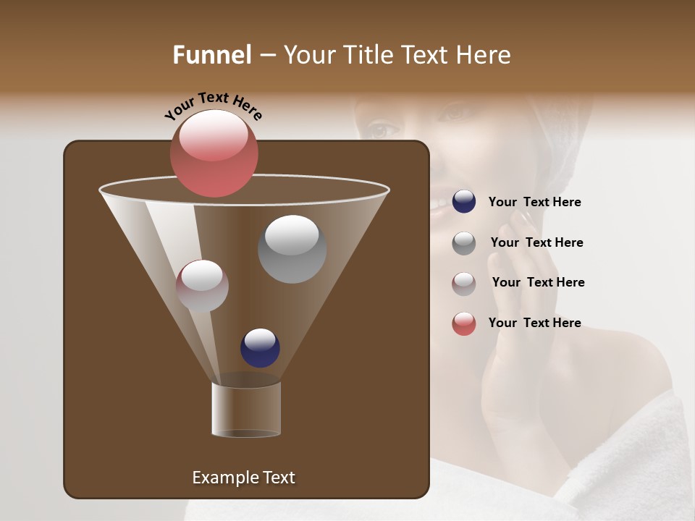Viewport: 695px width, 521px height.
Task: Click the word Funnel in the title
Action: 212,55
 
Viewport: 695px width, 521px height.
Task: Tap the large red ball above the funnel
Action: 214,153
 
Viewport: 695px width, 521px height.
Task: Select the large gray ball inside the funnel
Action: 292,249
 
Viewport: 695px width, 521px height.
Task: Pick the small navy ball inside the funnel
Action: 260,347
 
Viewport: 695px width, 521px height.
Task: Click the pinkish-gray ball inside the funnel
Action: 202,286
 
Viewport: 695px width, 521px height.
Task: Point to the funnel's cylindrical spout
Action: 246,410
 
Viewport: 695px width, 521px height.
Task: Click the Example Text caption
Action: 243,478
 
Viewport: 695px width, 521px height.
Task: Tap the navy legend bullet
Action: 464,202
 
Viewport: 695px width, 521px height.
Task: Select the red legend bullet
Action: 464,323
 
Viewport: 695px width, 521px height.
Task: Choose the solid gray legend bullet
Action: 464,243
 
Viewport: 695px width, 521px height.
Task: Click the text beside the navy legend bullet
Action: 534,203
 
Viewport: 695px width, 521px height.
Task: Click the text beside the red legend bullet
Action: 534,323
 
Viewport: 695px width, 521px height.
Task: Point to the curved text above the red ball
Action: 213,105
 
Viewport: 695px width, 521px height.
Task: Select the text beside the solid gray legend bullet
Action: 536,242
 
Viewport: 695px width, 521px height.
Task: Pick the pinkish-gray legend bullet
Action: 464,284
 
